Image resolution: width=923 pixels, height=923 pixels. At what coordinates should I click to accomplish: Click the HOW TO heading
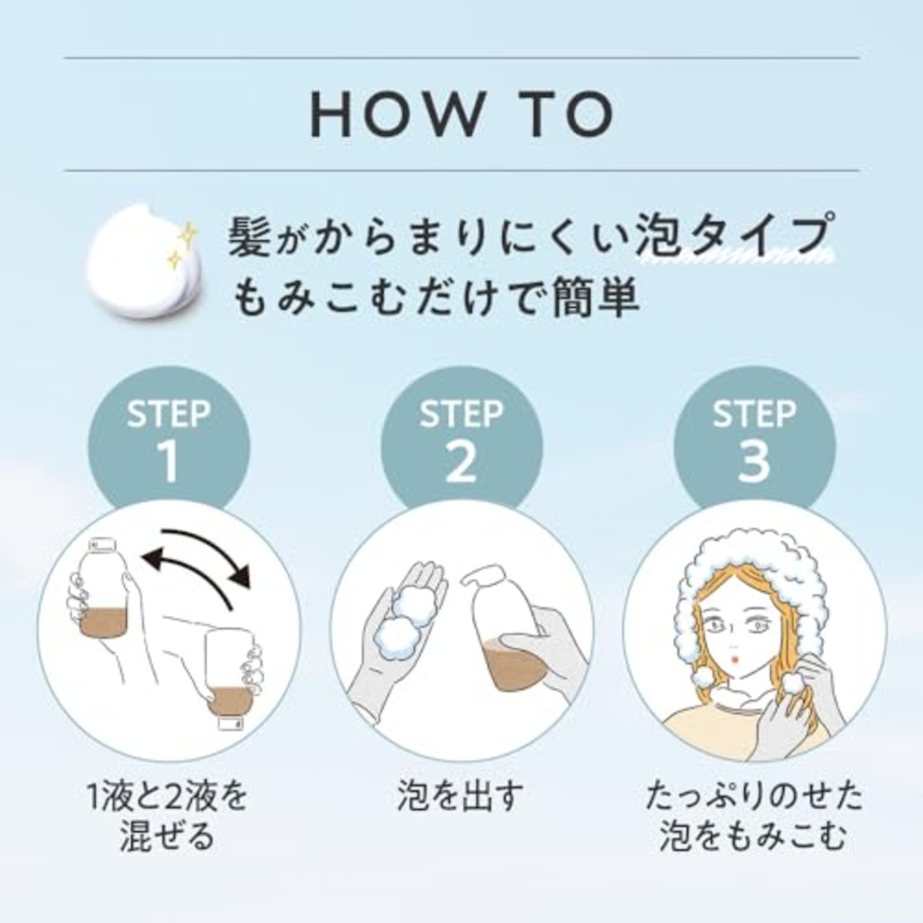pos(461,114)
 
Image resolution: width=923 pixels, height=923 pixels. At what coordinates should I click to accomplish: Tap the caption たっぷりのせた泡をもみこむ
pos(754,818)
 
